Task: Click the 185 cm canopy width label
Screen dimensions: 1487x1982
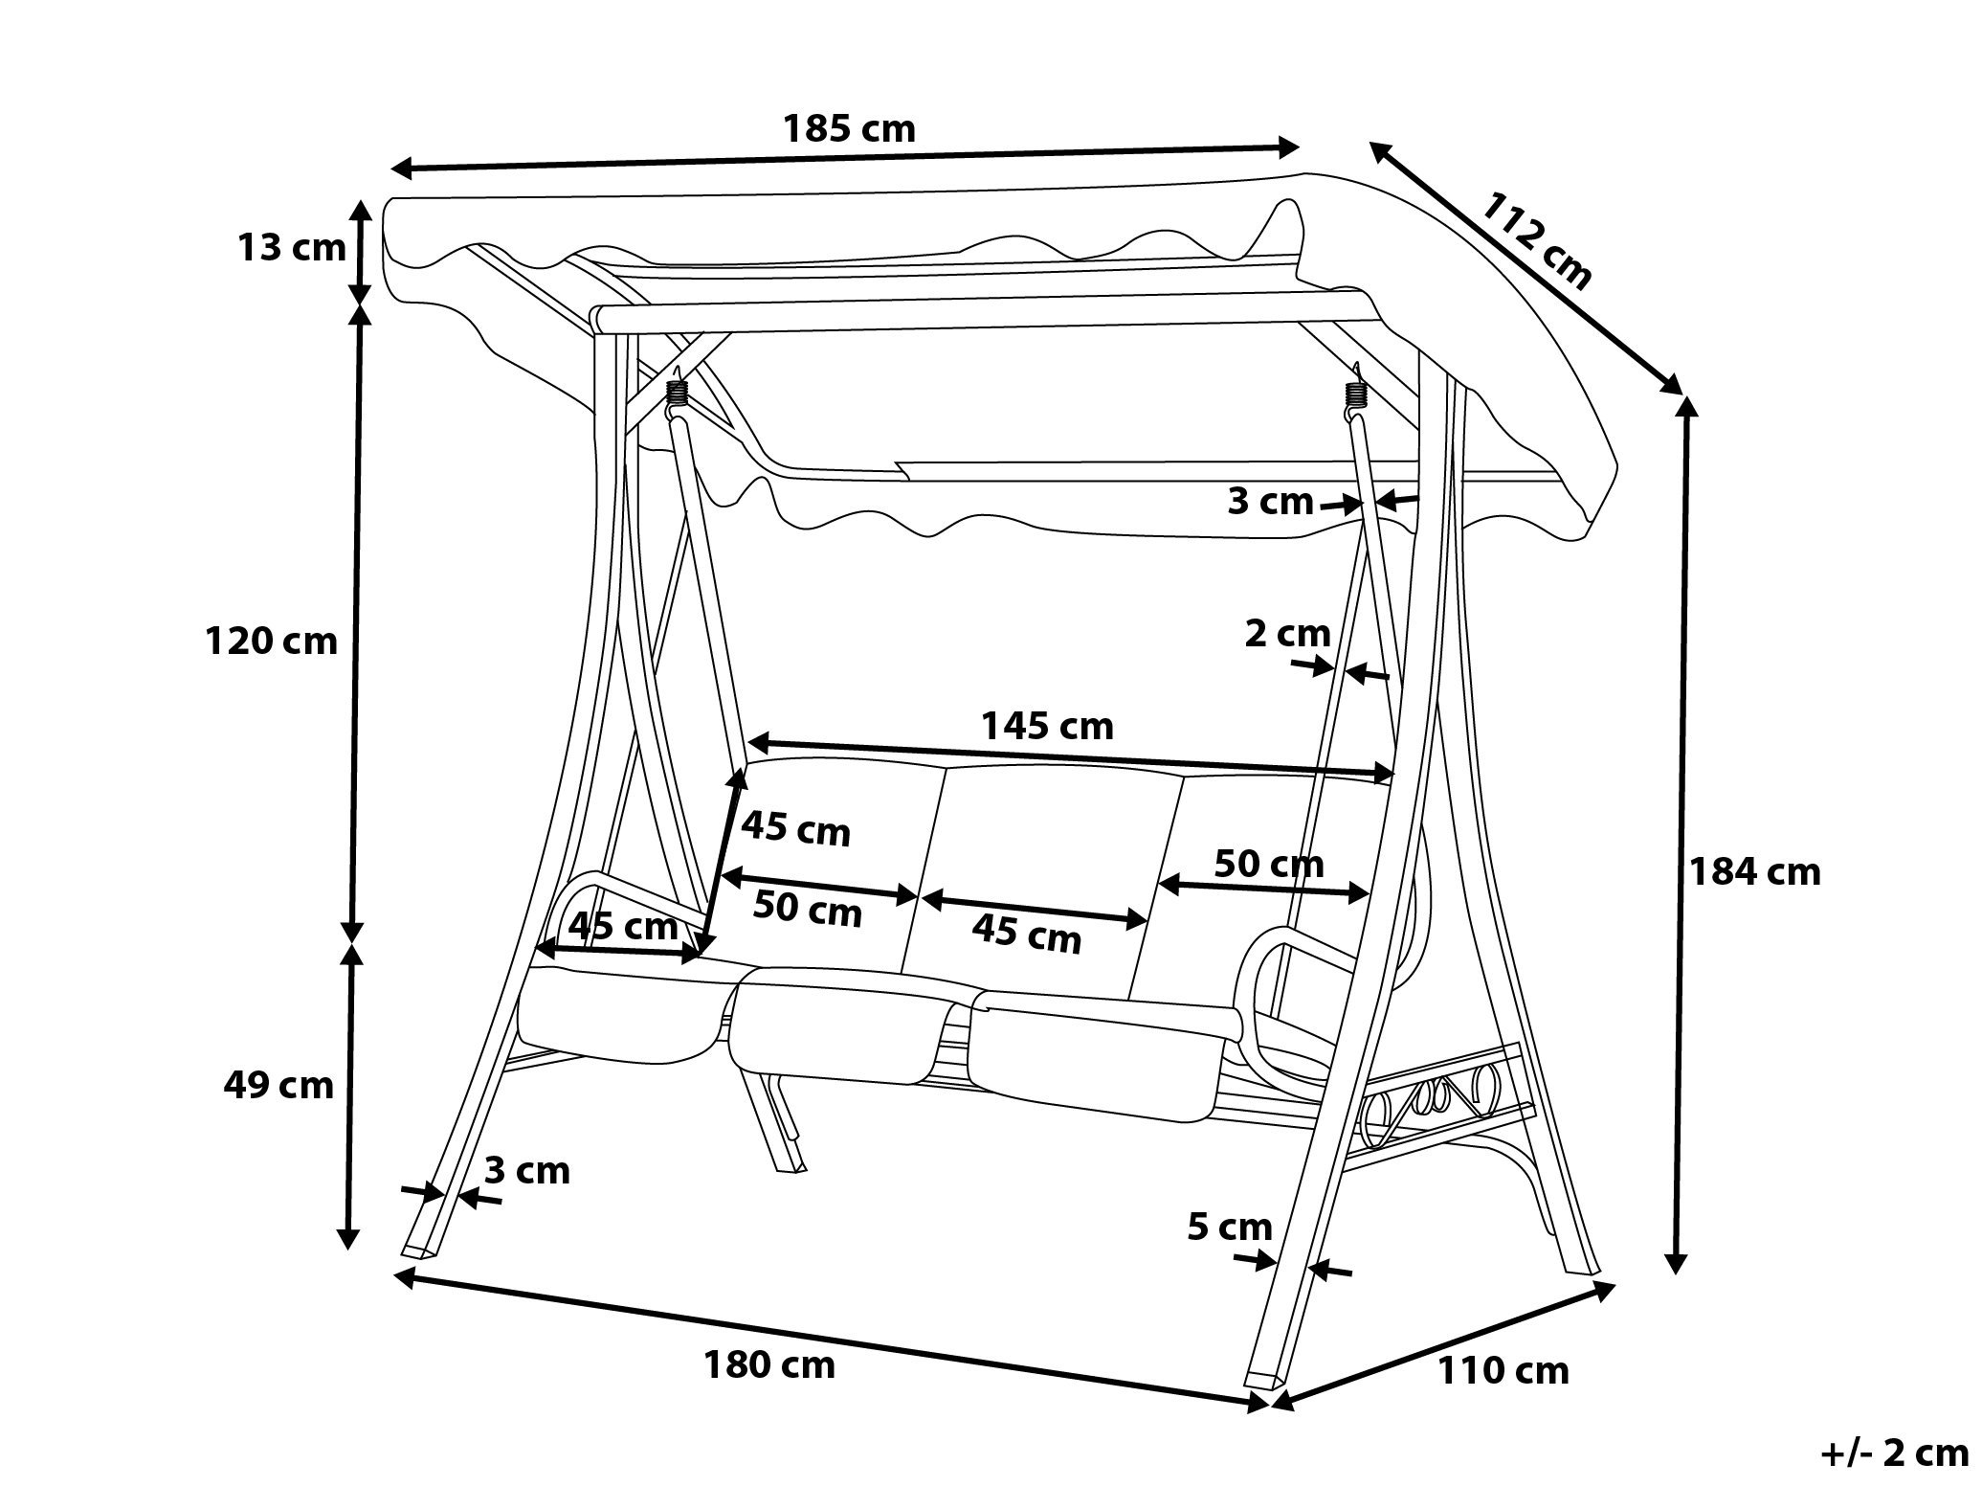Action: click(x=849, y=128)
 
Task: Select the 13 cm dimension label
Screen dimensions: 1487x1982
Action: click(x=291, y=248)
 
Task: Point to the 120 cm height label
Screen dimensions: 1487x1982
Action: click(x=271, y=641)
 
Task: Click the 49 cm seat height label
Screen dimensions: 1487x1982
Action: click(x=278, y=1085)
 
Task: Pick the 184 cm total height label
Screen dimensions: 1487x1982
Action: click(x=1753, y=871)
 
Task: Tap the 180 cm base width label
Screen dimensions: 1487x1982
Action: click(x=769, y=1364)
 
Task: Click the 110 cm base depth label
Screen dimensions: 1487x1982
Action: click(x=1503, y=1371)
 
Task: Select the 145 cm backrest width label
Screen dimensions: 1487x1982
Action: click(x=1046, y=726)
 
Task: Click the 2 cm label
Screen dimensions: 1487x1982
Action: click(x=1287, y=633)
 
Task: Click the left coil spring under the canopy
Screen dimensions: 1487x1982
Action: click(x=678, y=394)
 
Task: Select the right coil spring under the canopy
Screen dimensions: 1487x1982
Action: click(x=1354, y=395)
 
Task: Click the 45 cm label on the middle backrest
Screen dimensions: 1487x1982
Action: click(x=1026, y=934)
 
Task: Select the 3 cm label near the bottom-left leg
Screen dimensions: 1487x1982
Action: click(x=526, y=1170)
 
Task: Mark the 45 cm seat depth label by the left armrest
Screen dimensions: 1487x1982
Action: click(x=622, y=926)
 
